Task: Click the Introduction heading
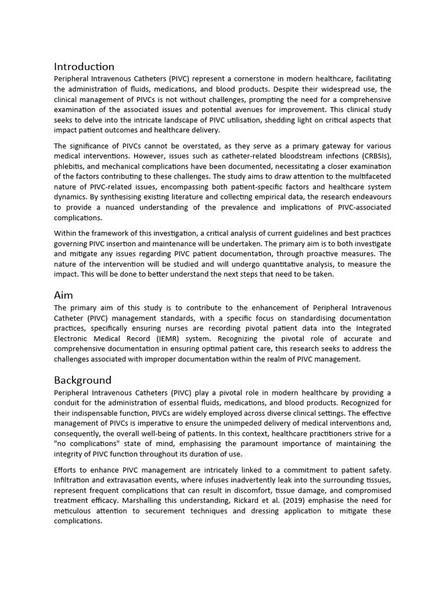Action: pyautogui.click(x=84, y=66)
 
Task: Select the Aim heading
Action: pyautogui.click(x=63, y=295)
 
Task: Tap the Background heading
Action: pyautogui.click(x=82, y=381)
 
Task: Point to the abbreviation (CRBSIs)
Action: pyautogui.click(x=369, y=156)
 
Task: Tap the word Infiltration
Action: pyautogui.click(x=74, y=480)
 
